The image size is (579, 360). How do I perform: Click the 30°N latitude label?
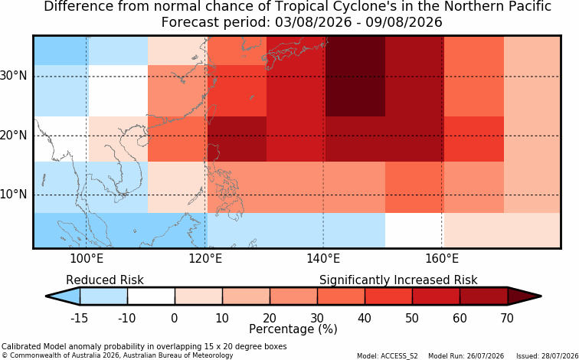pos(13,76)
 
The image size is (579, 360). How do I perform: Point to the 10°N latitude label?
pos(13,195)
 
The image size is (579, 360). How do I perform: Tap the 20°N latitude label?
pos(13,136)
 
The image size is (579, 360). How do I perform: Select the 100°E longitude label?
pos(87,258)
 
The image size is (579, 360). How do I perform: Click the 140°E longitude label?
pos(323,258)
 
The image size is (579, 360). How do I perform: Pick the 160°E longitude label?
pos(442,258)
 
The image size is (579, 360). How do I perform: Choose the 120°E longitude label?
pos(205,258)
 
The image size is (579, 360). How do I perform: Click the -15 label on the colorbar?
pos(79,318)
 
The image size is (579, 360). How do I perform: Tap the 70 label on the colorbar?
pos(507,318)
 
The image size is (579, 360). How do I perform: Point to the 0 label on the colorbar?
pos(175,318)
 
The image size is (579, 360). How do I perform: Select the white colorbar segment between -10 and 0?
pos(151,296)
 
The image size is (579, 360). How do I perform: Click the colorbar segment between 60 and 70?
pos(484,296)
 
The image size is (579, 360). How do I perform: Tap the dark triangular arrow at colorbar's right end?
pos(522,296)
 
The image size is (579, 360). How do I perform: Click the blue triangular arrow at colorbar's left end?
pos(64,296)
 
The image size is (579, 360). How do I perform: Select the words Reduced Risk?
pos(105,280)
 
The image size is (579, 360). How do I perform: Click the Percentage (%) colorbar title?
pos(293,329)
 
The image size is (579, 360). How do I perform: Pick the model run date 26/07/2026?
pos(485,356)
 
